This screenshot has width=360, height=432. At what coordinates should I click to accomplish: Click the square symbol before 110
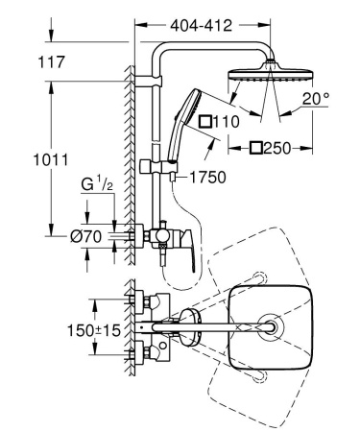tap(204, 122)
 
